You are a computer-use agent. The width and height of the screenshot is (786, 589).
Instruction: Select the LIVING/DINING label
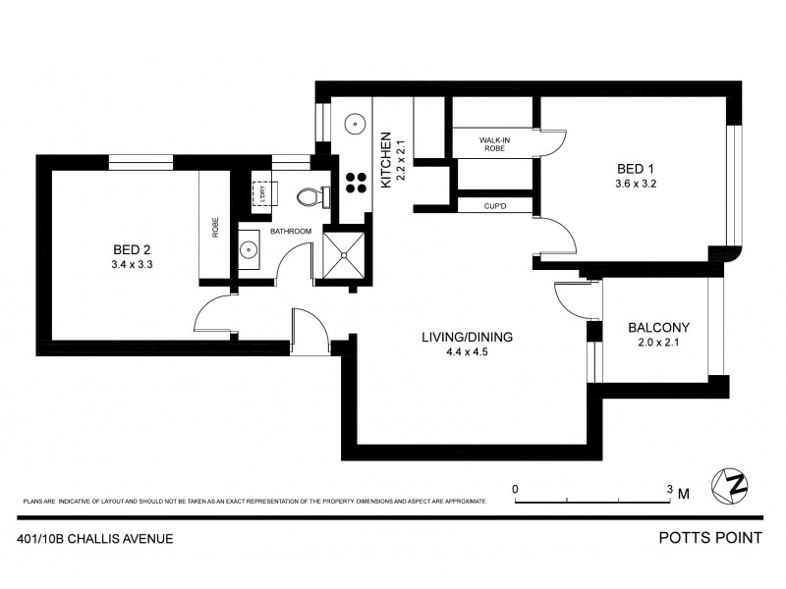468,336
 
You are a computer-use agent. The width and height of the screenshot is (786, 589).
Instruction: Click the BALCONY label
659,328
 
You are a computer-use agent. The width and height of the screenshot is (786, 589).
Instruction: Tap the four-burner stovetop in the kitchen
355,183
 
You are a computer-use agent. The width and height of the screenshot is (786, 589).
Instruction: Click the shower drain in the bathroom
344,255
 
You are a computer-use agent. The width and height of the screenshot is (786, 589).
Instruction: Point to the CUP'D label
493,206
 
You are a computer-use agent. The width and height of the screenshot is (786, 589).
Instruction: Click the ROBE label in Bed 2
214,228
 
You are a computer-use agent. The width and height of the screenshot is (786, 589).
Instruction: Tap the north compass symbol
736,484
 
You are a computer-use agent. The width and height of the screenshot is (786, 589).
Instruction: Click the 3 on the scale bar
670,488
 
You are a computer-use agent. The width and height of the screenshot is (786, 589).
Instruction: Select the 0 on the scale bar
515,488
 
